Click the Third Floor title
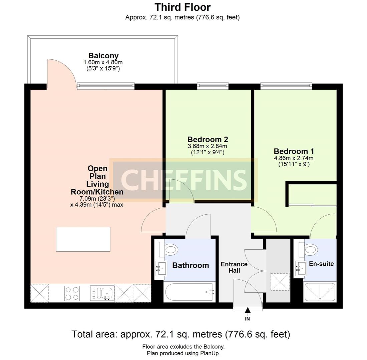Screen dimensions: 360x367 182,7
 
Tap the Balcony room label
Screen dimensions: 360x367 103,56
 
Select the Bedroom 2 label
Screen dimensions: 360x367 207,139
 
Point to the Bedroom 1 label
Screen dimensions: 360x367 294,151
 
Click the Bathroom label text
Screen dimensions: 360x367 191,265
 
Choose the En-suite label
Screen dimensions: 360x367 321,264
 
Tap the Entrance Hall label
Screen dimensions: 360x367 234,267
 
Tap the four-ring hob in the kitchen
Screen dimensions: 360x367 72,293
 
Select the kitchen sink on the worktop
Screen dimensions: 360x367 102,293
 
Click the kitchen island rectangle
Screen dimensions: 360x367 83,239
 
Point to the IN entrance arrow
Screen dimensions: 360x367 248,311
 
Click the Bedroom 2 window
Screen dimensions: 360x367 213,86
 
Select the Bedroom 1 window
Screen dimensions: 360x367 286,86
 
